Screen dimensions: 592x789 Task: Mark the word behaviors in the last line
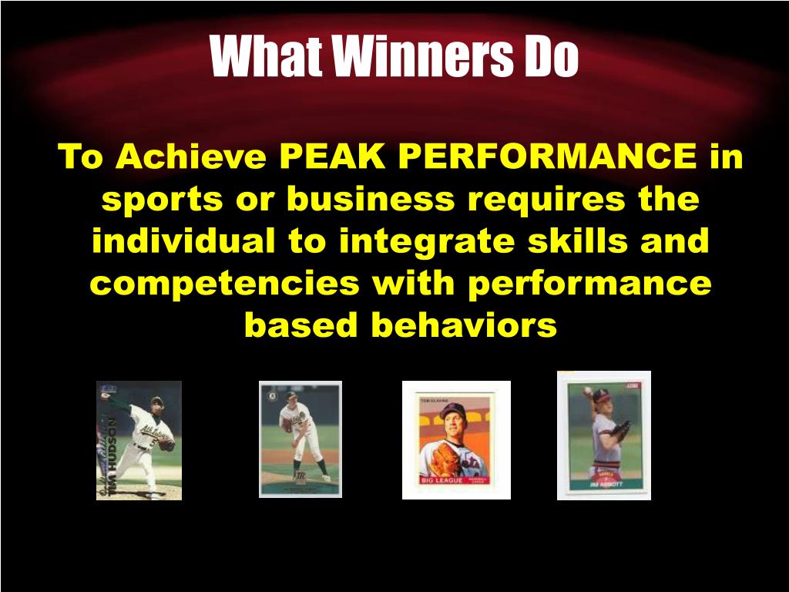(463, 325)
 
